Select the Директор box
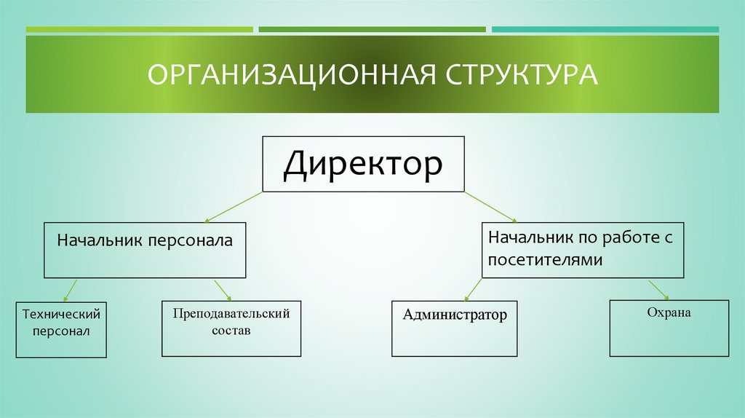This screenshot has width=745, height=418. click(x=363, y=164)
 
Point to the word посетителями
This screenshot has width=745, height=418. click(x=545, y=260)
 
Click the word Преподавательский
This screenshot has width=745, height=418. click(x=231, y=313)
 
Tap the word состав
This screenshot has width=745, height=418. click(x=231, y=330)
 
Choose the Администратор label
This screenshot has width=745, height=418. click(x=455, y=315)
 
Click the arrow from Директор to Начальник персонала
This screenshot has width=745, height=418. click(x=234, y=207)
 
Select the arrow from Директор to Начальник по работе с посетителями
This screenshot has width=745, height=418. click(x=490, y=207)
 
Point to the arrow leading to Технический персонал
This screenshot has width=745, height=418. click(x=70, y=290)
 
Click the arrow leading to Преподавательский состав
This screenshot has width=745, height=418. click(x=223, y=290)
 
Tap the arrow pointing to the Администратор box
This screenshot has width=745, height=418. click(x=473, y=289)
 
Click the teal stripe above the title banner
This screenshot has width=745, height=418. click(x=605, y=30)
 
